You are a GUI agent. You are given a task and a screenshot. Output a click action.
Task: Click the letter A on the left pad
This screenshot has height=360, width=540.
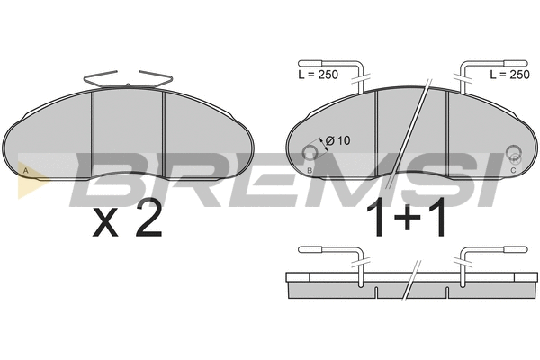(x=25, y=170)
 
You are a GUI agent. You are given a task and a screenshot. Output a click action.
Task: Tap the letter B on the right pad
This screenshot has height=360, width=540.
(x=310, y=170)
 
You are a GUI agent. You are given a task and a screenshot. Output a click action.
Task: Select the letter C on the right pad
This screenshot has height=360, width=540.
(x=513, y=170)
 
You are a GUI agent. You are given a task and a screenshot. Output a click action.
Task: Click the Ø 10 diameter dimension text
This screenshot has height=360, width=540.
(x=337, y=140)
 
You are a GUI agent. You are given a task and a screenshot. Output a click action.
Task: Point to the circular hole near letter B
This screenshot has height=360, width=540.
(x=310, y=153)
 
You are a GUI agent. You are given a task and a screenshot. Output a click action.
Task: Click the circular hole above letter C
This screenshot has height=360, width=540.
(x=514, y=152)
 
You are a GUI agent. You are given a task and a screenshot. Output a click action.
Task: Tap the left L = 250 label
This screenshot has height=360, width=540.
(x=319, y=75)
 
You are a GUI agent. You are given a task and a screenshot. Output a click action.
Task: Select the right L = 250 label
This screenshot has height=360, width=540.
(x=509, y=75)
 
